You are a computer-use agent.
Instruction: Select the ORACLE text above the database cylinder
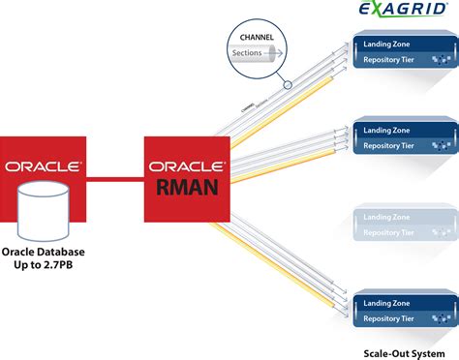click(x=42, y=165)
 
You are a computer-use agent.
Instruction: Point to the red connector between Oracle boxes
click(x=113, y=176)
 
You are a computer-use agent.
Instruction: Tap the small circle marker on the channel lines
click(x=287, y=84)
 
